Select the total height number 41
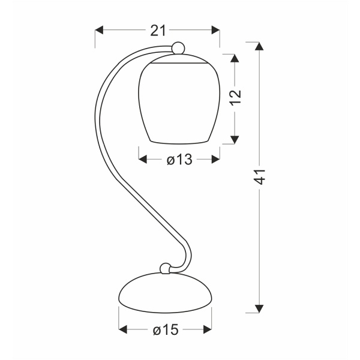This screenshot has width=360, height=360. (x=259, y=177)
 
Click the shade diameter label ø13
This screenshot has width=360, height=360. (x=179, y=160)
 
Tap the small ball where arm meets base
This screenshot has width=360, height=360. (x=164, y=268)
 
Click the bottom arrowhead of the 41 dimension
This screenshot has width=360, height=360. (x=259, y=308)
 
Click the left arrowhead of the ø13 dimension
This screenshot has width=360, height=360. (x=143, y=160)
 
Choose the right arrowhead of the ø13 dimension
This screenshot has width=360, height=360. (x=215, y=160)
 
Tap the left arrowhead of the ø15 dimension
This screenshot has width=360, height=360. (x=124, y=329)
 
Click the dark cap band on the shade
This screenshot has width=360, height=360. (x=178, y=61)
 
